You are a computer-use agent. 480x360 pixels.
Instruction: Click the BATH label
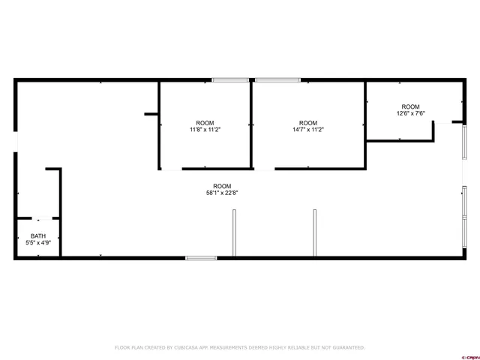coord(38,236)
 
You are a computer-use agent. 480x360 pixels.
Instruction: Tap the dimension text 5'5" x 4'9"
coord(38,243)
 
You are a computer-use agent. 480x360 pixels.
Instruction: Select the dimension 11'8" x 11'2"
coord(205,130)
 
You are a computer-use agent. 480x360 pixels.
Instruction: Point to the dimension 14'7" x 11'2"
coord(308,130)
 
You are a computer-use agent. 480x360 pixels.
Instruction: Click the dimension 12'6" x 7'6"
coord(411,113)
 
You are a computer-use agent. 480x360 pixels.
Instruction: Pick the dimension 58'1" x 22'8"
coord(222,193)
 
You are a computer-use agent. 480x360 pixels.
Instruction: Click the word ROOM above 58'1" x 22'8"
coord(222,186)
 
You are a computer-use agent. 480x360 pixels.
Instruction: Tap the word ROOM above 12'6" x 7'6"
coord(411,106)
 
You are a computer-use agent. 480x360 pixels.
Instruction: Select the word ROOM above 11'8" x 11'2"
coord(205,123)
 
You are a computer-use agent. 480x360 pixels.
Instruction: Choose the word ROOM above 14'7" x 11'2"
coord(308,123)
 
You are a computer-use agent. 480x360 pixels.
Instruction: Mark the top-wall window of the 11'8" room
coord(230,80)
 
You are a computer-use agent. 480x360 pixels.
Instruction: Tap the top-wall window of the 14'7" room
coord(277,80)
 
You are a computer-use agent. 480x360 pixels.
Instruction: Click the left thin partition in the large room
coord(234,233)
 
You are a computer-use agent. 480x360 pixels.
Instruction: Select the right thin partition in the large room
coord(315,233)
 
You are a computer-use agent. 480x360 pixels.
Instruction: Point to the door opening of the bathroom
coord(42,218)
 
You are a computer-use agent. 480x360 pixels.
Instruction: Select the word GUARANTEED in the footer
coord(346,347)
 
